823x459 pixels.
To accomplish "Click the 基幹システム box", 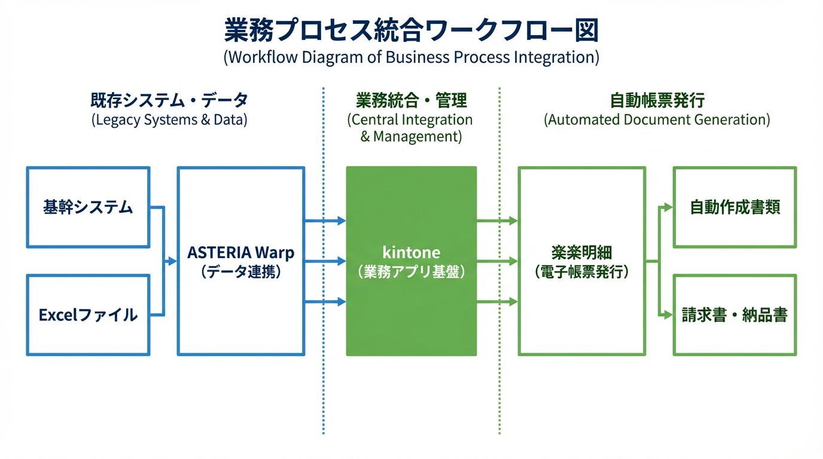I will tap(88, 207).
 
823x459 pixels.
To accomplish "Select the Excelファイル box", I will tap(88, 315).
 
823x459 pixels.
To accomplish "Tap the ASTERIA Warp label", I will tap(241, 252).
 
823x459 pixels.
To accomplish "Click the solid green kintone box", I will tap(411, 261).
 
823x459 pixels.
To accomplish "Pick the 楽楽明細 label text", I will tap(581, 252).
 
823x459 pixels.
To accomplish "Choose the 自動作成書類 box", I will tap(734, 207).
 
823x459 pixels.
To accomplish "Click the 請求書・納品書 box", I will tap(734, 315).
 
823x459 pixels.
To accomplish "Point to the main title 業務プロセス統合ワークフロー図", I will tap(411, 30).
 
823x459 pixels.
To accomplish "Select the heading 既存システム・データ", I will tap(169, 100).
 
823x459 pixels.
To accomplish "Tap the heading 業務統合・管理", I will tap(411, 100).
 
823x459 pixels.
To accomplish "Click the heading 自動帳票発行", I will tap(657, 100).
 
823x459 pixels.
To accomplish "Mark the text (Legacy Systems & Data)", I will tap(169, 120).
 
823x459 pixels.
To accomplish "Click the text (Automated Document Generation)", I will tap(657, 120).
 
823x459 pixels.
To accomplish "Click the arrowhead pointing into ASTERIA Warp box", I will tap(173, 261).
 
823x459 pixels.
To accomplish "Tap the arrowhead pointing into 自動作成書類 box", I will tap(669, 207).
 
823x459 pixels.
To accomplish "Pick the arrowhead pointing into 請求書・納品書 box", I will tap(669, 315).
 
